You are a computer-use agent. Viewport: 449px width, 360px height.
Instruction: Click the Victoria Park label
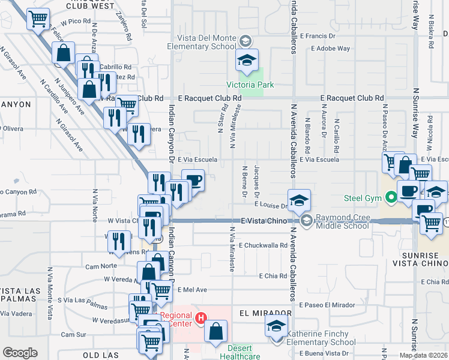pyautogui.click(x=257, y=85)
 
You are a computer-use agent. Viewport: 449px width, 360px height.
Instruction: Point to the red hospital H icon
pyautogui.click(x=202, y=317)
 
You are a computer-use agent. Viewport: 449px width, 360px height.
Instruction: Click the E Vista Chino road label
pyautogui.click(x=264, y=221)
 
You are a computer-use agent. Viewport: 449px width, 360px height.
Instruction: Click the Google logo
pyautogui.click(x=20, y=352)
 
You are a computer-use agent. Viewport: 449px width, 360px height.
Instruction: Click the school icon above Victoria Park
pyautogui.click(x=247, y=60)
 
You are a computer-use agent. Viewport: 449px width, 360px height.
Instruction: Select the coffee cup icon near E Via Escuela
pyautogui.click(x=193, y=180)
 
